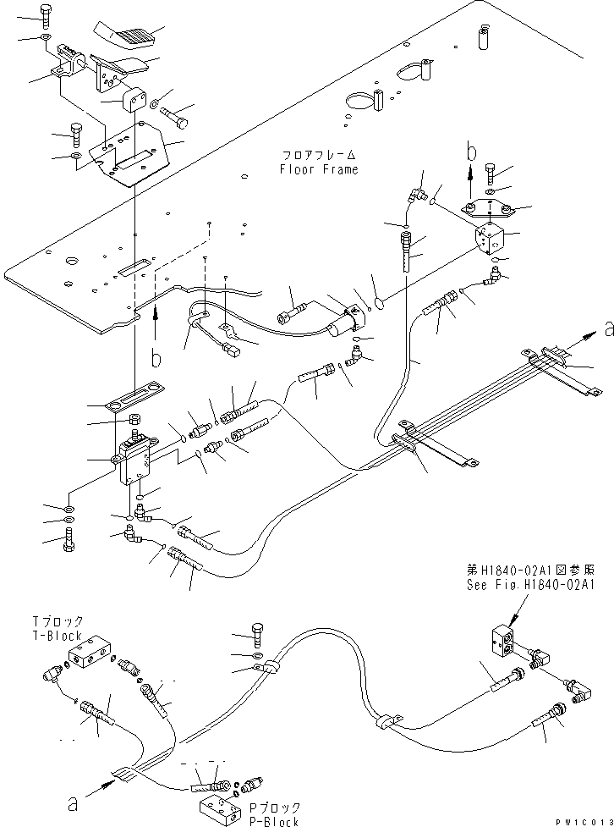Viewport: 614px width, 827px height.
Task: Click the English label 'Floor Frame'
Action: pyautogui.click(x=318, y=169)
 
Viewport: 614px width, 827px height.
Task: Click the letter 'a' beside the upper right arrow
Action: pyautogui.click(x=608, y=328)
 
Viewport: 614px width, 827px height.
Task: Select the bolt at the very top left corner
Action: pyautogui.click(x=44, y=14)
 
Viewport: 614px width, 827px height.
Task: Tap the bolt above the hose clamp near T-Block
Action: pyautogui.click(x=258, y=631)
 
